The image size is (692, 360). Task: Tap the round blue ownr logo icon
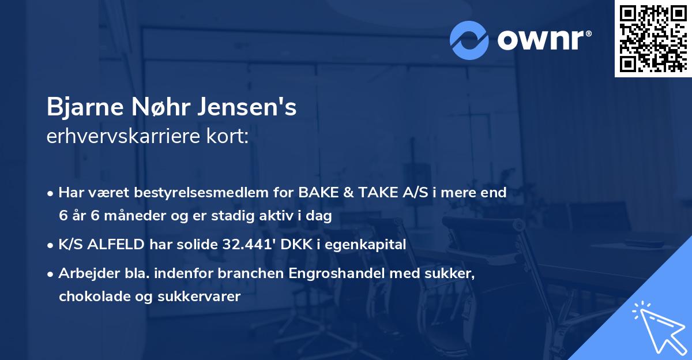click(x=469, y=40)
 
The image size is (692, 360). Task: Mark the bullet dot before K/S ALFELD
click(x=51, y=245)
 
